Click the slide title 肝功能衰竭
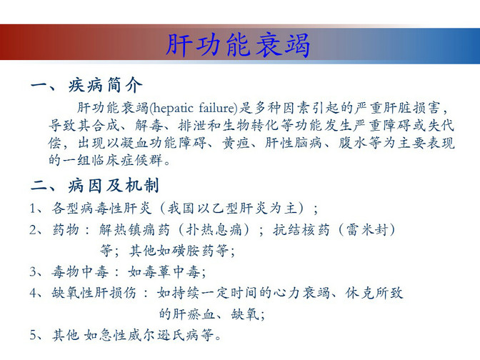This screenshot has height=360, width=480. [238, 45]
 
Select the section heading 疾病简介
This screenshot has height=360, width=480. [105, 85]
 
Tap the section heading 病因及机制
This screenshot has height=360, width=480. [114, 185]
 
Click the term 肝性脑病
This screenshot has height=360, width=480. [294, 143]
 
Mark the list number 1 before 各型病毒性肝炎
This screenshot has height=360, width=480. [33, 209]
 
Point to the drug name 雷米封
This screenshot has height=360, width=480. [367, 229]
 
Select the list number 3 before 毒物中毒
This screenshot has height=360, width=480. [33, 272]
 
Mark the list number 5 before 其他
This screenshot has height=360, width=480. [33, 335]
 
